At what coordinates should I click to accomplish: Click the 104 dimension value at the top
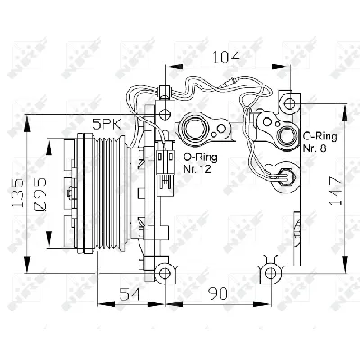click(x=228, y=58)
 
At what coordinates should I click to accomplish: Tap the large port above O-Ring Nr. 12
click(x=193, y=128)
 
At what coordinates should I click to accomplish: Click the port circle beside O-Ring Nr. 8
click(x=287, y=137)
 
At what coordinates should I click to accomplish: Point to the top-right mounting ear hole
click(x=288, y=99)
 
